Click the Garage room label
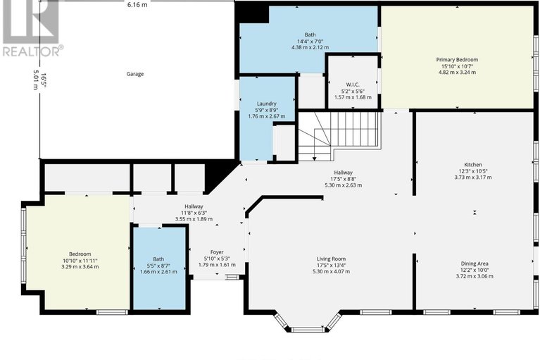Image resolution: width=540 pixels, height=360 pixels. click(x=135, y=74)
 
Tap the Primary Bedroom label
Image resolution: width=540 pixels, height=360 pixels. click(x=457, y=60)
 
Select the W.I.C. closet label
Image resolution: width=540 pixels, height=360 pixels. click(x=353, y=85)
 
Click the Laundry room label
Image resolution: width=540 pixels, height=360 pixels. click(x=267, y=104)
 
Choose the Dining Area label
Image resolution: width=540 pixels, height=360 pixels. click(x=475, y=263)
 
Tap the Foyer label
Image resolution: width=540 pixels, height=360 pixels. click(x=217, y=252)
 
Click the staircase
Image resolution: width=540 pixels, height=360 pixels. click(x=339, y=135)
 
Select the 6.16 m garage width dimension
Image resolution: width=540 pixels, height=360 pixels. click(x=137, y=5)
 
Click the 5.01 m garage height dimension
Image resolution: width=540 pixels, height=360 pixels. click(x=35, y=80)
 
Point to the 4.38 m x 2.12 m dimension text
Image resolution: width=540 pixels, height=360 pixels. click(x=310, y=47)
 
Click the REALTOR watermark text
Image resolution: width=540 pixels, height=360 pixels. click(x=32, y=51)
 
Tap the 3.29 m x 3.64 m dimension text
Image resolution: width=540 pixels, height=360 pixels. click(x=80, y=266)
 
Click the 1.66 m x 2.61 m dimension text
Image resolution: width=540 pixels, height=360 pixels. click(x=158, y=272)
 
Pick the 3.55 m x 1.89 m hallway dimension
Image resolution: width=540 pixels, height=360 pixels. click(x=194, y=219)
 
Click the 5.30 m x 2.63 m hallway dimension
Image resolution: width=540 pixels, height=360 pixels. click(x=343, y=185)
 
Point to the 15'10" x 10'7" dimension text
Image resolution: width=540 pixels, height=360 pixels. click(x=457, y=66)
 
